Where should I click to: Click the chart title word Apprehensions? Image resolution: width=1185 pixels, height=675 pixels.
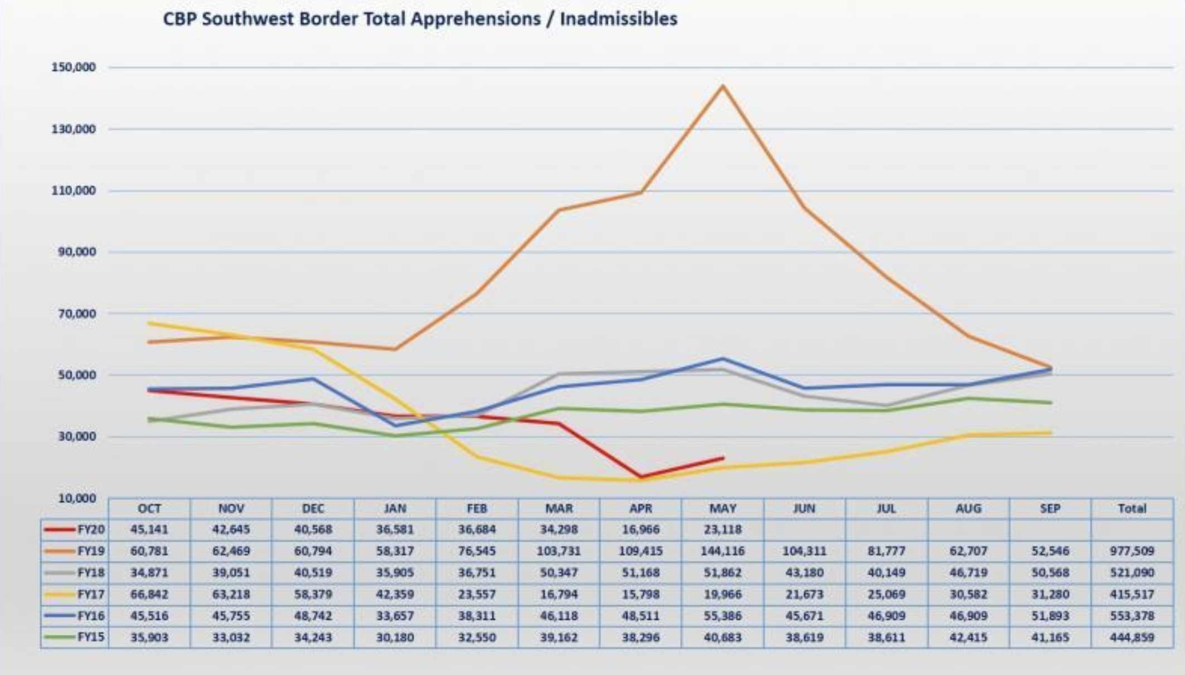[475, 19]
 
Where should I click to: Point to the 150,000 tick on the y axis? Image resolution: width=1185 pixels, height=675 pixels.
[74, 67]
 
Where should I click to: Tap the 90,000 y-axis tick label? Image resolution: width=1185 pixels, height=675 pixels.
[77, 252]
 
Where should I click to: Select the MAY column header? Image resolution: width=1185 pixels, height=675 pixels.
[722, 509]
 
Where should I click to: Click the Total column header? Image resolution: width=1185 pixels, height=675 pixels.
[1131, 509]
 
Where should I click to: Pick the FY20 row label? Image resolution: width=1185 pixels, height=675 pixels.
[91, 529]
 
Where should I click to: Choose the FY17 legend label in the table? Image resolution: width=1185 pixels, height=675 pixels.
[91, 595]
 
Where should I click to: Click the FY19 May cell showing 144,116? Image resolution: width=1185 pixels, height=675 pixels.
[722, 551]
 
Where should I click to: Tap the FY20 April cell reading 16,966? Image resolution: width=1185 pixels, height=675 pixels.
[640, 529]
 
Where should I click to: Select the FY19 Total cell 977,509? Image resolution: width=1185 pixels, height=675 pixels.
[1131, 551]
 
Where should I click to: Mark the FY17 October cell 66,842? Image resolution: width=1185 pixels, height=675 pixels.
[149, 595]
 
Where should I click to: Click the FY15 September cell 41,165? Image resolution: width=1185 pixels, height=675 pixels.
[1050, 638]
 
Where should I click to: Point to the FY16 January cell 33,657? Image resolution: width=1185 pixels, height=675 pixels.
[395, 616]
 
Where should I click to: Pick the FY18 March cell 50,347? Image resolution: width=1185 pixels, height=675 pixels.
[558, 573]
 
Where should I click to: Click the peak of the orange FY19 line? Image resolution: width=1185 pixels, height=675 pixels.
[723, 86]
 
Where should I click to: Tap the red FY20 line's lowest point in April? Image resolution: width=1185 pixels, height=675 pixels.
[641, 477]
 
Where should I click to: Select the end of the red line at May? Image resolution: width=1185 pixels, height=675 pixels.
[723, 458]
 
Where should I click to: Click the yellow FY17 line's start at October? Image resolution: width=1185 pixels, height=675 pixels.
[149, 323]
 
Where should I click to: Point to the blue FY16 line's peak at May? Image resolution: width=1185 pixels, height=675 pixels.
[723, 359]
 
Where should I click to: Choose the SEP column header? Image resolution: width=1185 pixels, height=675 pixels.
[1050, 509]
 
